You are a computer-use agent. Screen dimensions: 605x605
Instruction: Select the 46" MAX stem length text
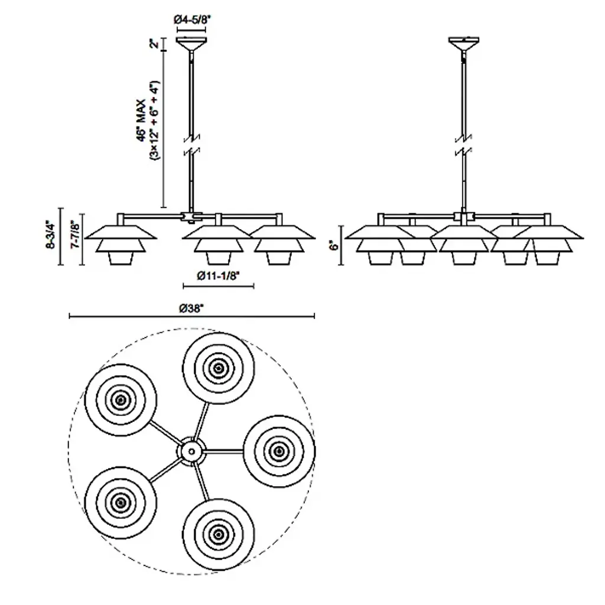coord(141,121)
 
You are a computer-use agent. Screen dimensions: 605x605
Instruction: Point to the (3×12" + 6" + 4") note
coord(155,121)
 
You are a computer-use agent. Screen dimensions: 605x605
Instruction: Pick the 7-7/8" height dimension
coord(74,236)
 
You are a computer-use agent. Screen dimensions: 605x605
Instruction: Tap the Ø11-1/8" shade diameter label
coord(219,275)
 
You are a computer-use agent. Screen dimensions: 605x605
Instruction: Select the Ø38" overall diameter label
coord(193,308)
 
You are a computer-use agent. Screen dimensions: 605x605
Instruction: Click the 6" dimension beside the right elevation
coord(336,245)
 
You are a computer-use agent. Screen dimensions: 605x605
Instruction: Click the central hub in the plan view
coord(191,451)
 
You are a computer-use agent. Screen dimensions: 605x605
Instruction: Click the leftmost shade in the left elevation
coord(121,242)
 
